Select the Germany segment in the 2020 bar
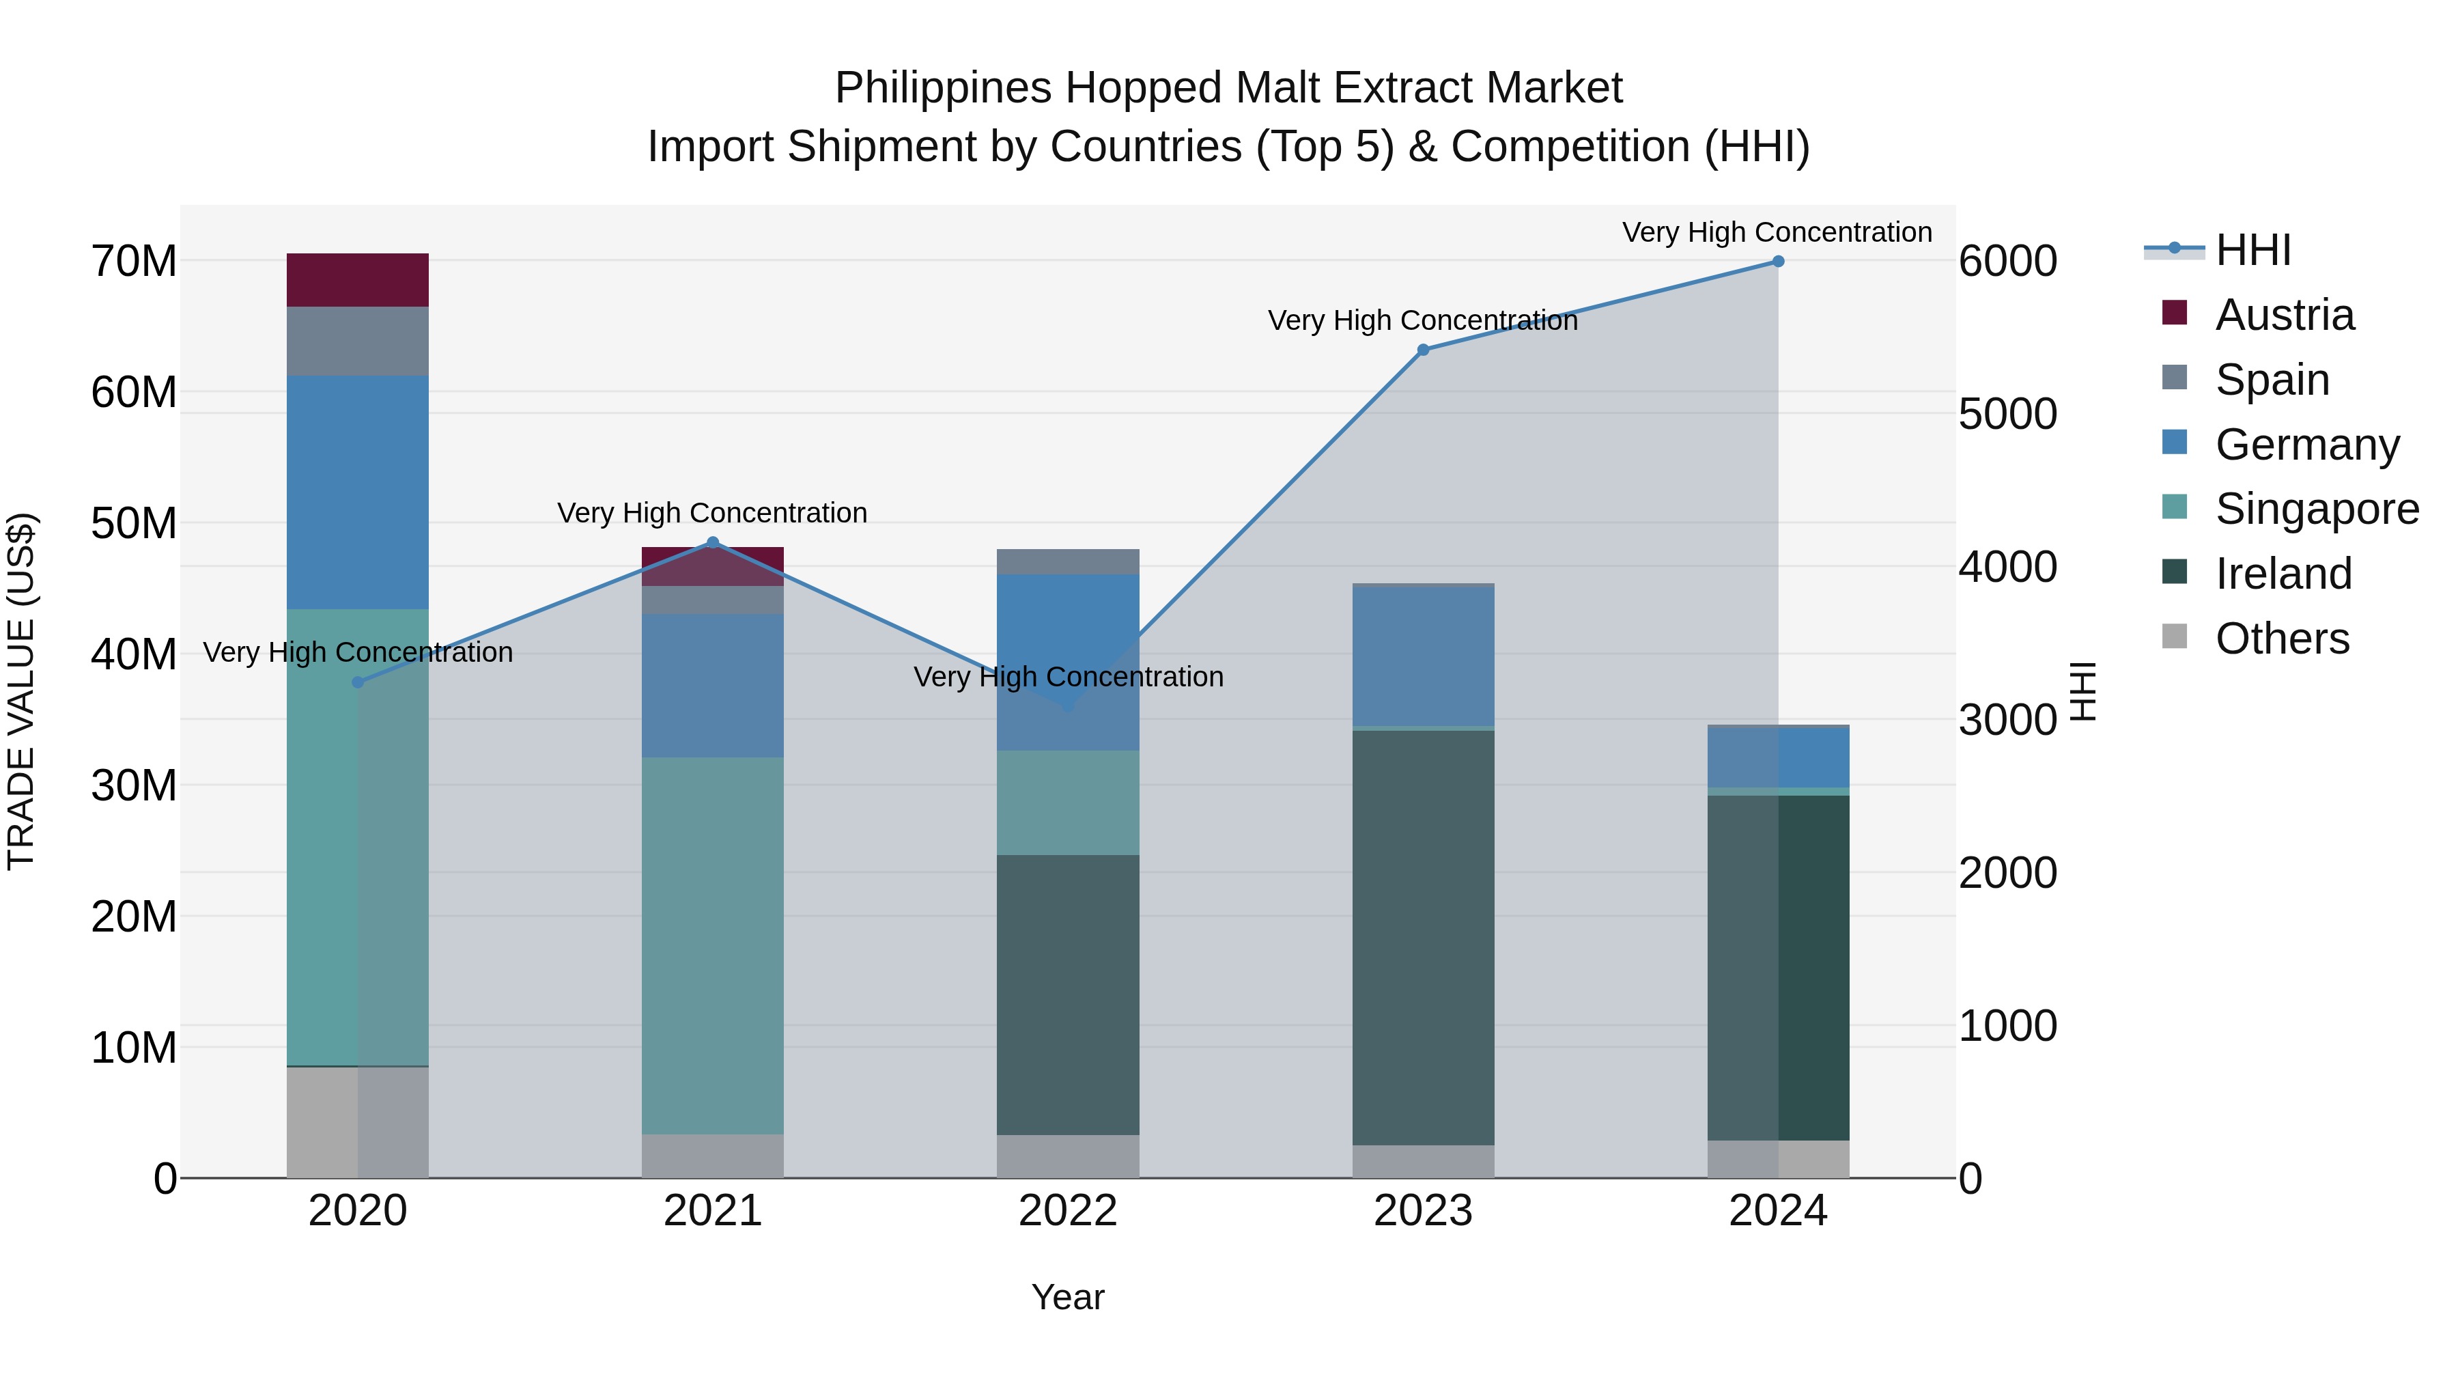357,492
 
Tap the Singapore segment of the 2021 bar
712,945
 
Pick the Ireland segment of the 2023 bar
1423,936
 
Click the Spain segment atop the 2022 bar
1068,561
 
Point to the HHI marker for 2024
1778,262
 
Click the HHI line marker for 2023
1423,350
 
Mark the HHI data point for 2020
358,682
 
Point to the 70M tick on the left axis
134,262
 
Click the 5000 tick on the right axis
2007,415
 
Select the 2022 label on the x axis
1068,1211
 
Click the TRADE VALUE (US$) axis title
21,691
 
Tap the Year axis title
1068,1297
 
